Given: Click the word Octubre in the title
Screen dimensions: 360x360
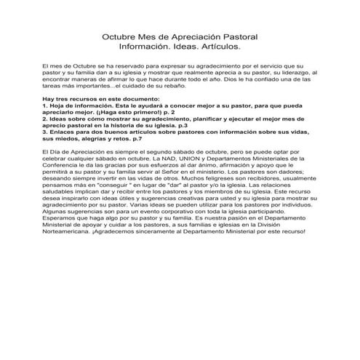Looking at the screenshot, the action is (x=119, y=36).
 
